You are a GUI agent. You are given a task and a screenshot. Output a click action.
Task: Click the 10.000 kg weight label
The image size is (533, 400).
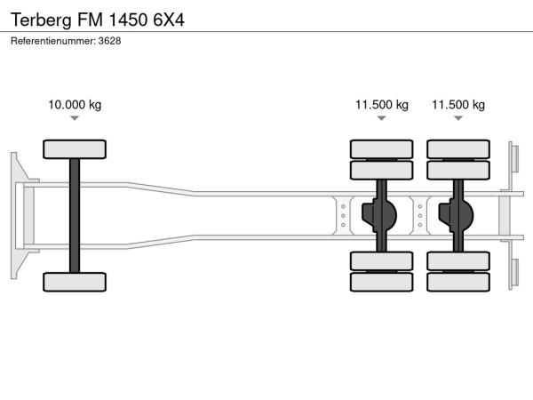pyautogui.click(x=75, y=105)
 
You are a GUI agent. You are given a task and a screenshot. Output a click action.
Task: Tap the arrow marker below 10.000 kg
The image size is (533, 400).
pyautogui.click(x=75, y=118)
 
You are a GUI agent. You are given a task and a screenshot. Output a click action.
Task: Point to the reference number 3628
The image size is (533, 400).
pyautogui.click(x=109, y=41)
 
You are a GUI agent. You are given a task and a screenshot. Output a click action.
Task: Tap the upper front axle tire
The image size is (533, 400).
pyautogui.click(x=75, y=148)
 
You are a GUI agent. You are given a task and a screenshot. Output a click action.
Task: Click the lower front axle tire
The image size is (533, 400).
pyautogui.click(x=75, y=282)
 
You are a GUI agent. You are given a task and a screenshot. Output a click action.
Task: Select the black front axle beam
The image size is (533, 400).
pyautogui.click(x=75, y=215)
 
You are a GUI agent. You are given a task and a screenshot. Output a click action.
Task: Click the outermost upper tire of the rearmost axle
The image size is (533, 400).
pyautogui.click(x=458, y=148)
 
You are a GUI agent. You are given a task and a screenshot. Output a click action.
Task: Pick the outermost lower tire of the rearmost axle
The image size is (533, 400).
pyautogui.click(x=458, y=282)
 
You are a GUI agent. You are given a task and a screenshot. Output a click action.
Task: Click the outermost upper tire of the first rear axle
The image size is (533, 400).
pyautogui.click(x=382, y=148)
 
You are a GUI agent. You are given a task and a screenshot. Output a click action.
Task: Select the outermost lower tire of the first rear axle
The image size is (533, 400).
pyautogui.click(x=382, y=282)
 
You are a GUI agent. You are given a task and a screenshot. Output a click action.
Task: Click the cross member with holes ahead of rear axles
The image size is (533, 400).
pyautogui.click(x=343, y=215)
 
